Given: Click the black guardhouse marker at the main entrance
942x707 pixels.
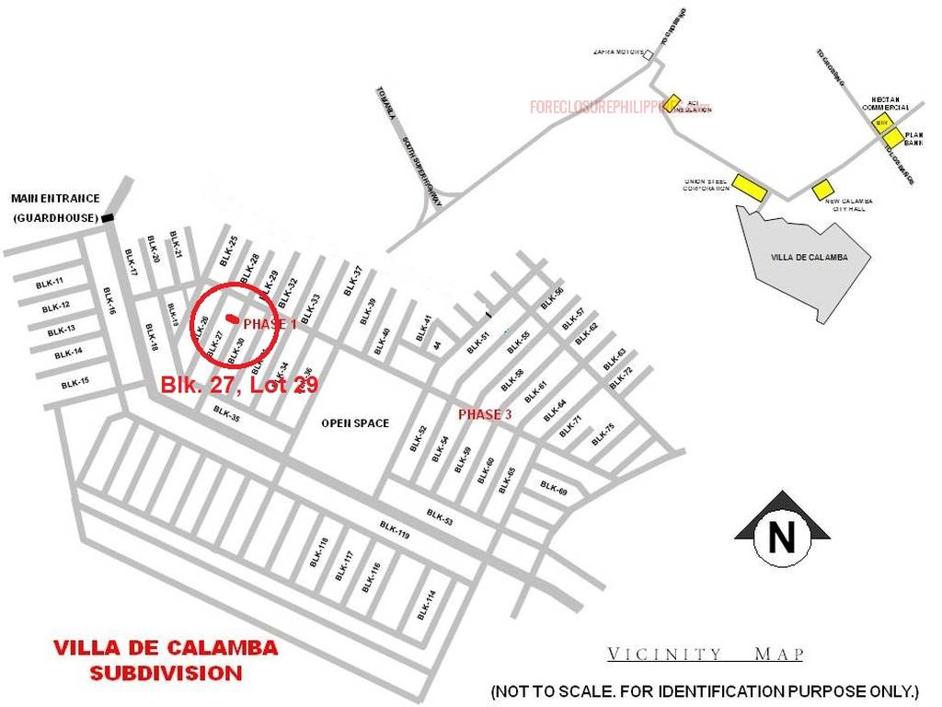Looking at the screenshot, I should tap(109, 217).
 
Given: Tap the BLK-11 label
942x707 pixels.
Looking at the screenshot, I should tap(50, 283).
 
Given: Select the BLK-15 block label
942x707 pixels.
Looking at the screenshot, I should tap(75, 383).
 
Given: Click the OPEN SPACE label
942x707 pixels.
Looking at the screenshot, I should tap(354, 423).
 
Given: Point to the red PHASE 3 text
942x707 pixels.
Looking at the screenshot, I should tap(485, 414).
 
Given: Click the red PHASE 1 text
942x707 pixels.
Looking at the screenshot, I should tap(270, 324).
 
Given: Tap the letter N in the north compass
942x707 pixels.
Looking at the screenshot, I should tap(782, 537).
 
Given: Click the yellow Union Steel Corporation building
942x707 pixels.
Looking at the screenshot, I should tap(749, 188).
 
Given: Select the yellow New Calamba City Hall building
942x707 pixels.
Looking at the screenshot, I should tap(821, 190).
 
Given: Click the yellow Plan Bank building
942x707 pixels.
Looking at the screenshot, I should tap(893, 138).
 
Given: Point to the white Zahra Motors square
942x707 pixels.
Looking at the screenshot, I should tap(649, 55).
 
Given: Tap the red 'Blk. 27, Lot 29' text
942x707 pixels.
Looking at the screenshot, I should tap(239, 385).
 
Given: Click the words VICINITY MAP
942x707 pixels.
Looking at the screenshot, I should tap(705, 655).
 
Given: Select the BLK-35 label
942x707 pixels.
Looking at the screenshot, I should tap(226, 413).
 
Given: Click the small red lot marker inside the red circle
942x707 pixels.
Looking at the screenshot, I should tap(229, 319).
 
